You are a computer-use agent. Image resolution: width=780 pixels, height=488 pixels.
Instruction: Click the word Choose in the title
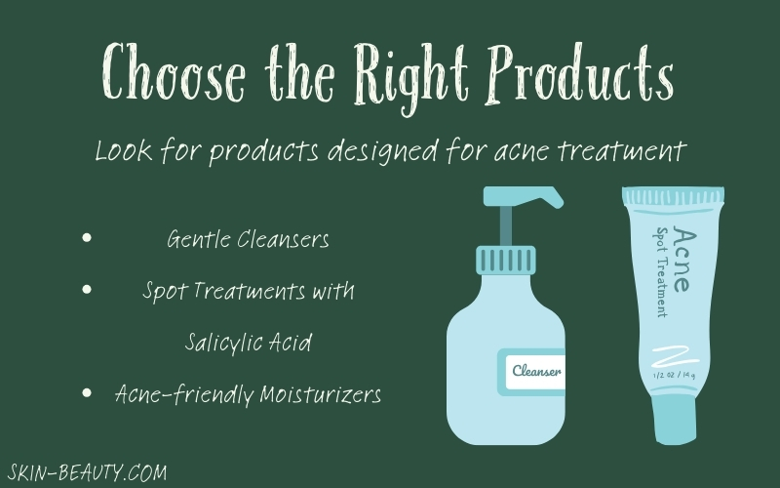(x=174, y=71)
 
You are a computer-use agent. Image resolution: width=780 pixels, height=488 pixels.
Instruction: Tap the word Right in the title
(x=411, y=76)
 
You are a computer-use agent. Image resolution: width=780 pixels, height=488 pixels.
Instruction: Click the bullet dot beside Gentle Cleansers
(x=87, y=237)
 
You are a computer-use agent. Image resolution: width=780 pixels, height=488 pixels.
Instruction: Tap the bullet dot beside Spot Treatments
(x=87, y=289)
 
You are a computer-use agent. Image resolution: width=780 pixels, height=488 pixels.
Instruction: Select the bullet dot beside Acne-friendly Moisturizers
(x=87, y=393)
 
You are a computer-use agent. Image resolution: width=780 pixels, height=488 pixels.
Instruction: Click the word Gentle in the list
(x=198, y=239)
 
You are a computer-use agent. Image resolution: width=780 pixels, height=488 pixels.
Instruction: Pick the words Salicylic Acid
(x=249, y=343)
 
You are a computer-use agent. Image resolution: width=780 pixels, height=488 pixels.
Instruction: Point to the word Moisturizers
(x=321, y=394)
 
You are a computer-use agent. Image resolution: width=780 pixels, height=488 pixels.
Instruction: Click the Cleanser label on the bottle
(x=535, y=372)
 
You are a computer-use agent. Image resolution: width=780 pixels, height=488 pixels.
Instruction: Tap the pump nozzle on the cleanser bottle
(x=524, y=196)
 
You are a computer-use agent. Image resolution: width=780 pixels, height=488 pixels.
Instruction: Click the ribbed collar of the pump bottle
(x=506, y=260)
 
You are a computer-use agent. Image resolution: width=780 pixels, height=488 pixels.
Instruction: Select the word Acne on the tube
(x=682, y=259)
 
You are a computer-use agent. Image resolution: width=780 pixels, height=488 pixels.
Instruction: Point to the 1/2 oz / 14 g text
(x=674, y=375)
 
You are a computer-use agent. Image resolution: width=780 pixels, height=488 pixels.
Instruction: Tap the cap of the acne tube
(x=675, y=419)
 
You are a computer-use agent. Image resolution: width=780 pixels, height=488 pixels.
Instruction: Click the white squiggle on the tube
(x=675, y=357)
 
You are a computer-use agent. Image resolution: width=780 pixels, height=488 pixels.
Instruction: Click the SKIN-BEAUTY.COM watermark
(x=88, y=472)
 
